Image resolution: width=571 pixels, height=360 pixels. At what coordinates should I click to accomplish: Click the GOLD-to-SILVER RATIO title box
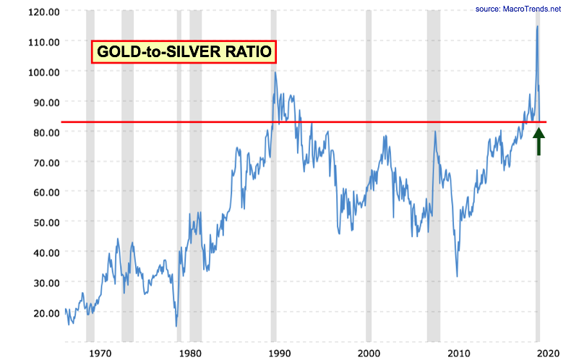(x=184, y=51)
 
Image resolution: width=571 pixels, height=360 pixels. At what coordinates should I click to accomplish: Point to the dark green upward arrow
(x=538, y=140)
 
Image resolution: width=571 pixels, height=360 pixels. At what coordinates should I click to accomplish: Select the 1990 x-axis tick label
(x=279, y=353)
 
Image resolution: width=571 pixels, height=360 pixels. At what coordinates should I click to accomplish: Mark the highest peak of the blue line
(x=537, y=27)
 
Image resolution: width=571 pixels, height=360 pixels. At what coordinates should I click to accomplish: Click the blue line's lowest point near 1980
(x=176, y=326)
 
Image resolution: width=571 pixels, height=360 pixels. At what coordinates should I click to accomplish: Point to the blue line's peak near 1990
(x=275, y=72)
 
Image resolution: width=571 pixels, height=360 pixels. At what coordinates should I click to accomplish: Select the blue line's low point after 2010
(x=457, y=276)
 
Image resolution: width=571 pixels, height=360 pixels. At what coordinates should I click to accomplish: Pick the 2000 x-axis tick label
(x=369, y=353)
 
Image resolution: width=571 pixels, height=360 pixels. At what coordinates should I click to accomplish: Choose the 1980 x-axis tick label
(x=189, y=353)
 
